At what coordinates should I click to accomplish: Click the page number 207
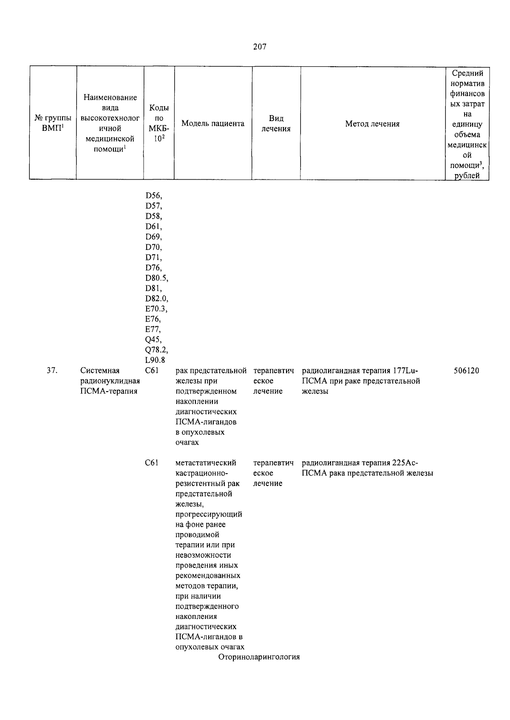tap(259, 47)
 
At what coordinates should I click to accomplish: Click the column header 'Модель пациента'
tap(212, 124)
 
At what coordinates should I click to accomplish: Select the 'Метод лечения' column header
tap(372, 124)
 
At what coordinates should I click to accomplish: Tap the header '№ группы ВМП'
tap(52, 124)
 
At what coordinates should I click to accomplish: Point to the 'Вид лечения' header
tap(276, 124)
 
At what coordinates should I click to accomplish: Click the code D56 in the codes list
tap(153, 196)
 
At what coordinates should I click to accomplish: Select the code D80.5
tap(156, 278)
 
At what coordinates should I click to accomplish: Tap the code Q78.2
tap(156, 350)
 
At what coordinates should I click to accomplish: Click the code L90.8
tap(155, 361)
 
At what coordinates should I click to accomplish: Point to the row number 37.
tap(52, 371)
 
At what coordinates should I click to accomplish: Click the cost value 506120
tap(466, 371)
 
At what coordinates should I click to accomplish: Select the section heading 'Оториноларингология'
tap(259, 657)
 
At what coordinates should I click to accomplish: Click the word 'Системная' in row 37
tap(100, 371)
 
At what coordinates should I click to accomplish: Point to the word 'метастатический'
tap(206, 463)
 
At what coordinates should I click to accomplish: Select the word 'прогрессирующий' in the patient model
tap(209, 514)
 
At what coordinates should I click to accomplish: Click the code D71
tap(153, 257)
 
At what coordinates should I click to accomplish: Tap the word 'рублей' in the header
tap(467, 176)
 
